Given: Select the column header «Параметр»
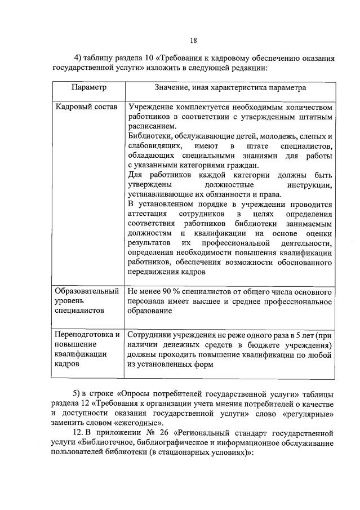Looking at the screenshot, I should (88, 88).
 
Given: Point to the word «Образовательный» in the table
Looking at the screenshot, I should (87, 291).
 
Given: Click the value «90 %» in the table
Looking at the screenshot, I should (174, 291).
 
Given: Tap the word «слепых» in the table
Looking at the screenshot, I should (313, 136).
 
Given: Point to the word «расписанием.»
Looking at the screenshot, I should (152, 127).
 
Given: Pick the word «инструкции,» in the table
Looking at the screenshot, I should (310, 185).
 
